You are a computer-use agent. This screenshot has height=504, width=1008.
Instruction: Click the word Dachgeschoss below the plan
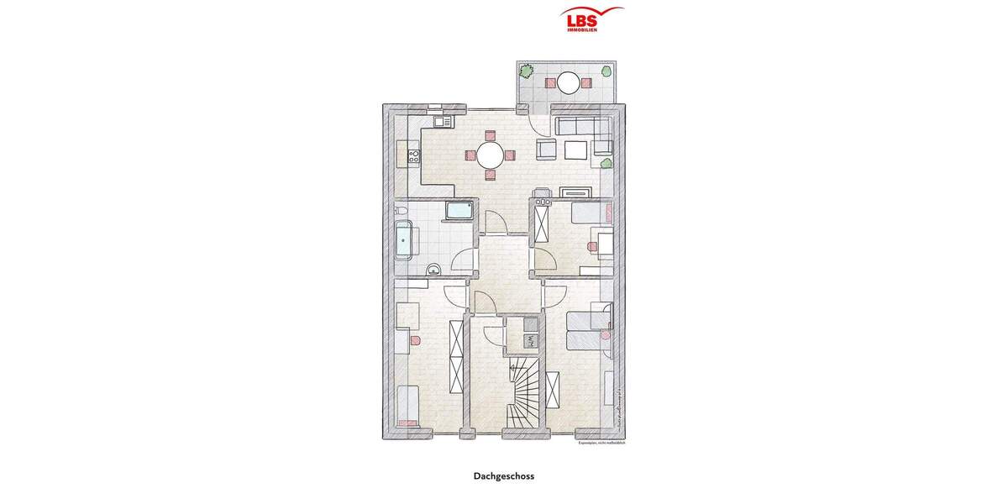pos(503,476)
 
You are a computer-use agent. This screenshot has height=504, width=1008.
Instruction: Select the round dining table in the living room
pos(490,155)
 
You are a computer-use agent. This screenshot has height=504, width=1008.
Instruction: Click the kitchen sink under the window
pos(443,122)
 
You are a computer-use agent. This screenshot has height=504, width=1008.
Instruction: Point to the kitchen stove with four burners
pos(412,155)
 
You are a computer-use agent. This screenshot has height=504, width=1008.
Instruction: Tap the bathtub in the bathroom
pos(405,241)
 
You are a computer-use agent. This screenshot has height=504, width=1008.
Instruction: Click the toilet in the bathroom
pos(402,210)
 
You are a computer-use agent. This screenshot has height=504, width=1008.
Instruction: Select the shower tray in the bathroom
pos(459,211)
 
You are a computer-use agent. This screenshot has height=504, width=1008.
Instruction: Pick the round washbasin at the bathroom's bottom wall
pos(433,269)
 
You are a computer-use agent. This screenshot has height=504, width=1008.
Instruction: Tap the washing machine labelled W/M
pos(530,340)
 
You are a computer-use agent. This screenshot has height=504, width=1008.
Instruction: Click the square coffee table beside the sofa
pos(576,150)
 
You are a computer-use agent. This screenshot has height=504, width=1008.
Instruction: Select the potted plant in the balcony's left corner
pos(527,71)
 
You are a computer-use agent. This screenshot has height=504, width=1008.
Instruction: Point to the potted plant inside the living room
pos(606,163)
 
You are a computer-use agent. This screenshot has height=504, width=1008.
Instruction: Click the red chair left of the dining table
pos(469,155)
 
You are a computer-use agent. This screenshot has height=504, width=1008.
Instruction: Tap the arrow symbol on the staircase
pos(512,366)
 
